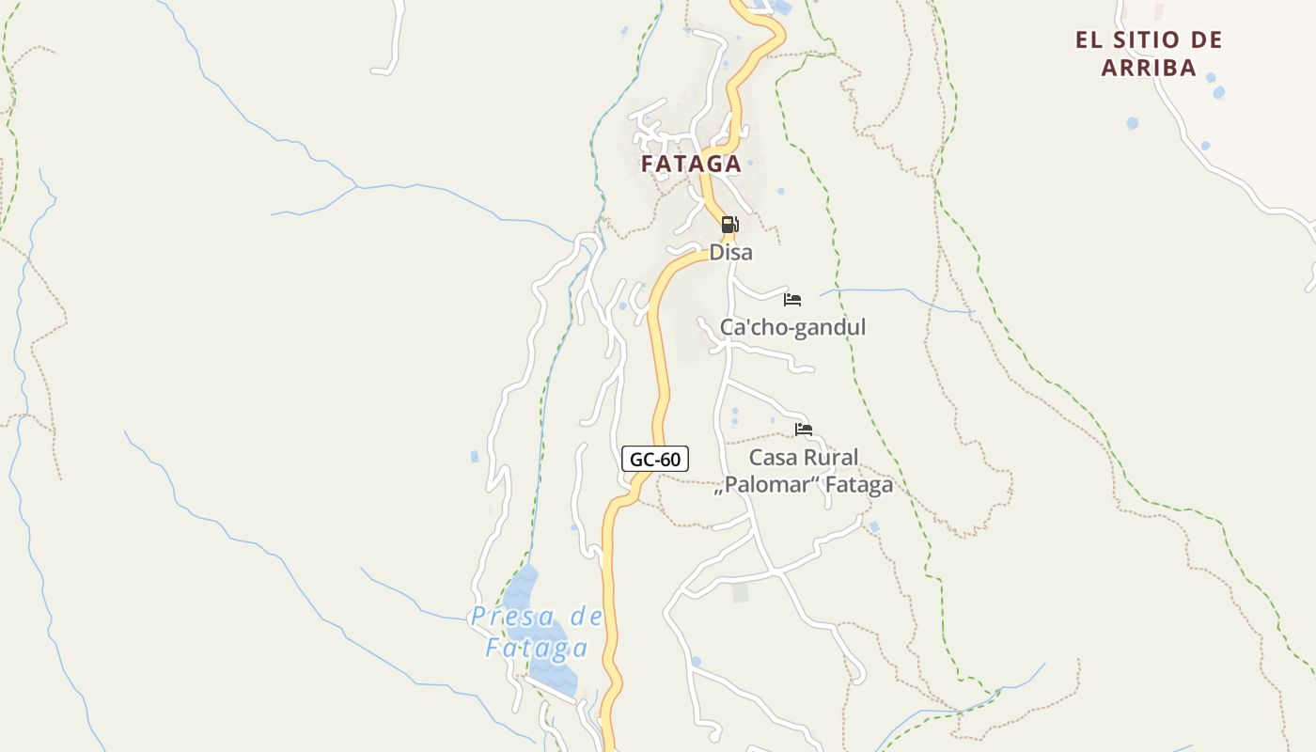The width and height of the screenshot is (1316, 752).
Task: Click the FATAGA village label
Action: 691,164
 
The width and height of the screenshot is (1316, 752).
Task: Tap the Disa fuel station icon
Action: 729,225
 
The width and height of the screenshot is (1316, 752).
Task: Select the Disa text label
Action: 730,253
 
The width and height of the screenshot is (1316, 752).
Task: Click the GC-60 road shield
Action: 655,459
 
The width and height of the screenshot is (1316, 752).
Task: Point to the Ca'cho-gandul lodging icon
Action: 792,300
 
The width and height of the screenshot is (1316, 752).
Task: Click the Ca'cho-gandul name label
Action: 792,327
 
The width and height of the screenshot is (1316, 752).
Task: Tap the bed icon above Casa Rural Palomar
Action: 804,430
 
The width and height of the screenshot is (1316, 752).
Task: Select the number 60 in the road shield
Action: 668,459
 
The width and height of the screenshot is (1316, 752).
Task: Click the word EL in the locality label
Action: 1088,40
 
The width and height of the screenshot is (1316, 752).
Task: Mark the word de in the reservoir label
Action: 587,618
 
